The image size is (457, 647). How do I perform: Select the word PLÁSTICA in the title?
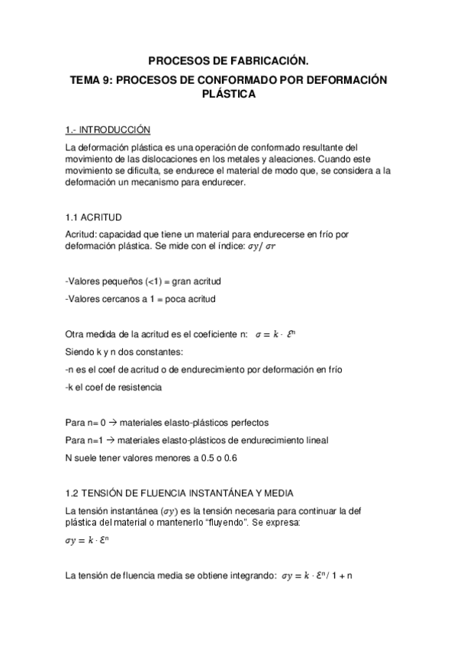coord(228,95)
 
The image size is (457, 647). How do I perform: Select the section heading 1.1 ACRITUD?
coord(94,217)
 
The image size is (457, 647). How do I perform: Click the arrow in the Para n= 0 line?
coord(113,423)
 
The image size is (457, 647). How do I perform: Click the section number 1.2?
coord(72,493)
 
